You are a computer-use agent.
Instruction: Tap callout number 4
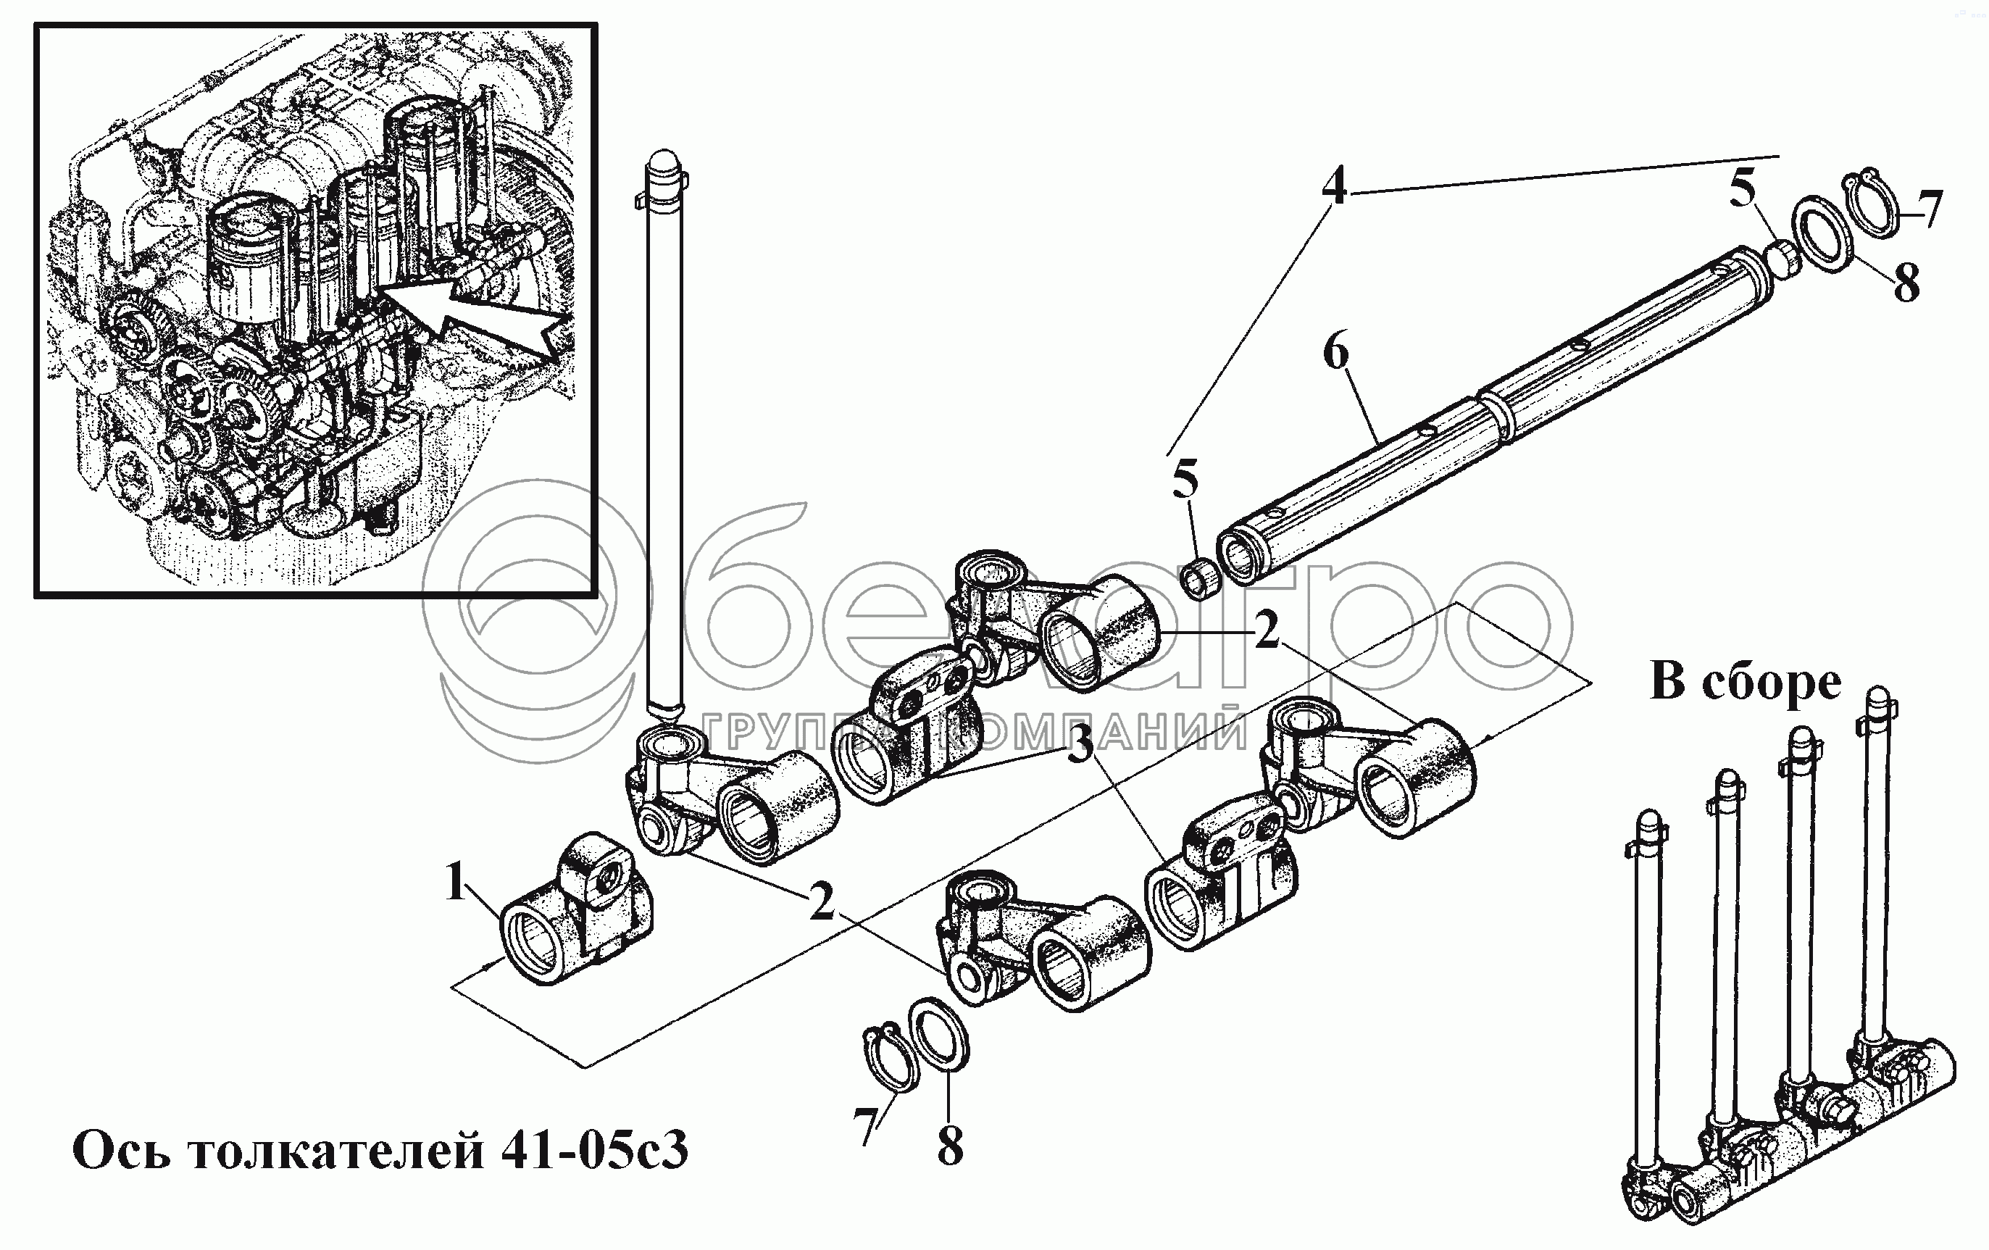point(1334,187)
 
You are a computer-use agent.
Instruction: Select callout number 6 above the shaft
point(1335,354)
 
